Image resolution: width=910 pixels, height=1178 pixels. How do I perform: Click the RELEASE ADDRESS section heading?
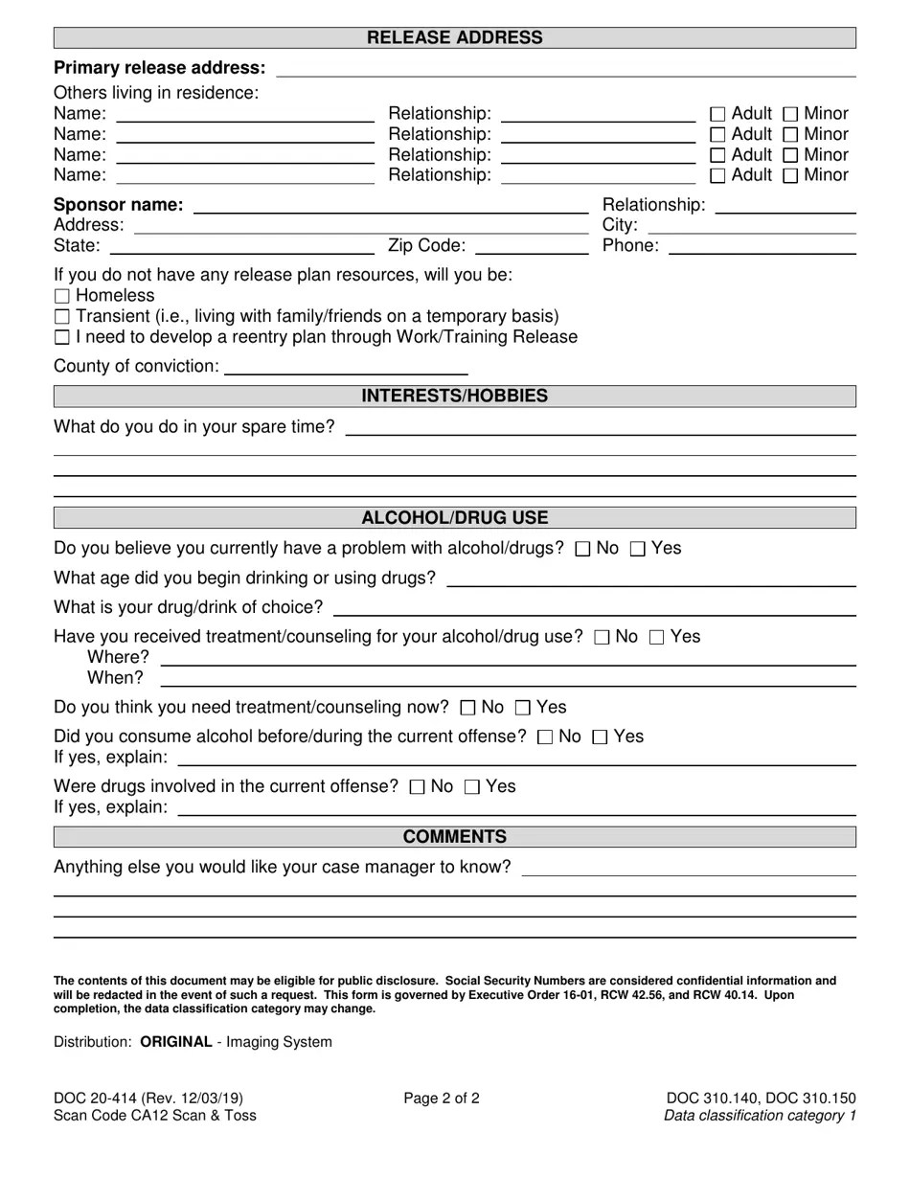click(454, 38)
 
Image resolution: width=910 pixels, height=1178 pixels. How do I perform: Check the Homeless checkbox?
click(62, 296)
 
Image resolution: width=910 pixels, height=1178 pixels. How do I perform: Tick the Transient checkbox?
click(62, 317)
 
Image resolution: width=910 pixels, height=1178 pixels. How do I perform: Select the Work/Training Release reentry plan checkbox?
click(62, 337)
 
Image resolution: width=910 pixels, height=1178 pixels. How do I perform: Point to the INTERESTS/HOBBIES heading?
click(454, 396)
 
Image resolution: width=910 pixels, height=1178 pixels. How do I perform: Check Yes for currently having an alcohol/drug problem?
click(638, 549)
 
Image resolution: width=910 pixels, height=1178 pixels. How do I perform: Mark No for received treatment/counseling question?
click(602, 638)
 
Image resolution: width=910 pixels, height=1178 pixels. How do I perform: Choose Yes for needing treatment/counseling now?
click(523, 709)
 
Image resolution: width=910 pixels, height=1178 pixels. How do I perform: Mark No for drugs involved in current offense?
click(417, 787)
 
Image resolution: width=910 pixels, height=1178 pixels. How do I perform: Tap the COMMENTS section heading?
click(454, 837)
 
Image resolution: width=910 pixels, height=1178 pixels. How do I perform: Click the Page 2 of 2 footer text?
click(442, 1099)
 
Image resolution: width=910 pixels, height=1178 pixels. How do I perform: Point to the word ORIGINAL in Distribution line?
click(176, 1042)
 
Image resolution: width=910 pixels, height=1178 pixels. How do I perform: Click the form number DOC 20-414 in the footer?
click(101, 1099)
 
